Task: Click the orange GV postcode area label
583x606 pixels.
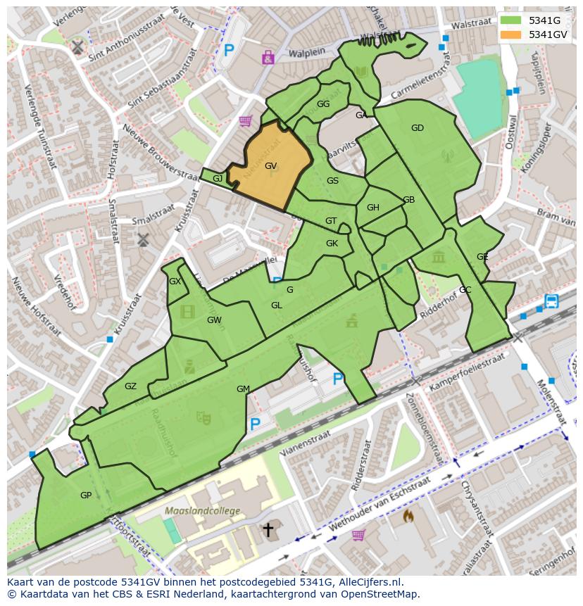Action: [x=270, y=166]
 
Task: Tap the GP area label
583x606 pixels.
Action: [x=86, y=495]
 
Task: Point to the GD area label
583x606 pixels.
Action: [x=418, y=128]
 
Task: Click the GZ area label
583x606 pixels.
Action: [x=130, y=386]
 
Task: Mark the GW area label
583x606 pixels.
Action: [x=214, y=320]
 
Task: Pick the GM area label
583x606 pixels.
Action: [x=243, y=389]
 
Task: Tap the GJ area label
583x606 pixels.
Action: [x=218, y=179]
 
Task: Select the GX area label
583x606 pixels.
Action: [x=175, y=282]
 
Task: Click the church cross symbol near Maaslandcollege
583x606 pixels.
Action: [x=268, y=529]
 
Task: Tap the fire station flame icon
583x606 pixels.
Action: [x=408, y=516]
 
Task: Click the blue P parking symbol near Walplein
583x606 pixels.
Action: [x=229, y=50]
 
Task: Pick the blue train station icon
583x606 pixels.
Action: [x=551, y=301]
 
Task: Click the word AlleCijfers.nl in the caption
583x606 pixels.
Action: [x=370, y=582]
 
